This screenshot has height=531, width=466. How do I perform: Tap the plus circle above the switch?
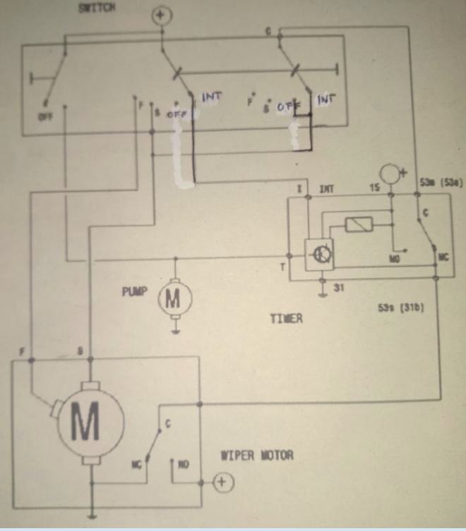[162, 15]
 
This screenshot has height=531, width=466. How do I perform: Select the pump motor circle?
[173, 300]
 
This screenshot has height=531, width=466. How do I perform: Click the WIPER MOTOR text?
[257, 456]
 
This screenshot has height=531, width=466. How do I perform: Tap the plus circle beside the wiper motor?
[223, 482]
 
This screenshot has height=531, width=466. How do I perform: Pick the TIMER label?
[285, 318]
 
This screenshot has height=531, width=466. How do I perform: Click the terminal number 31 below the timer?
[337, 287]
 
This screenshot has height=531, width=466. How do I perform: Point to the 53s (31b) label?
[400, 309]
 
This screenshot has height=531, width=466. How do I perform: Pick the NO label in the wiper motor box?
[184, 465]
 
